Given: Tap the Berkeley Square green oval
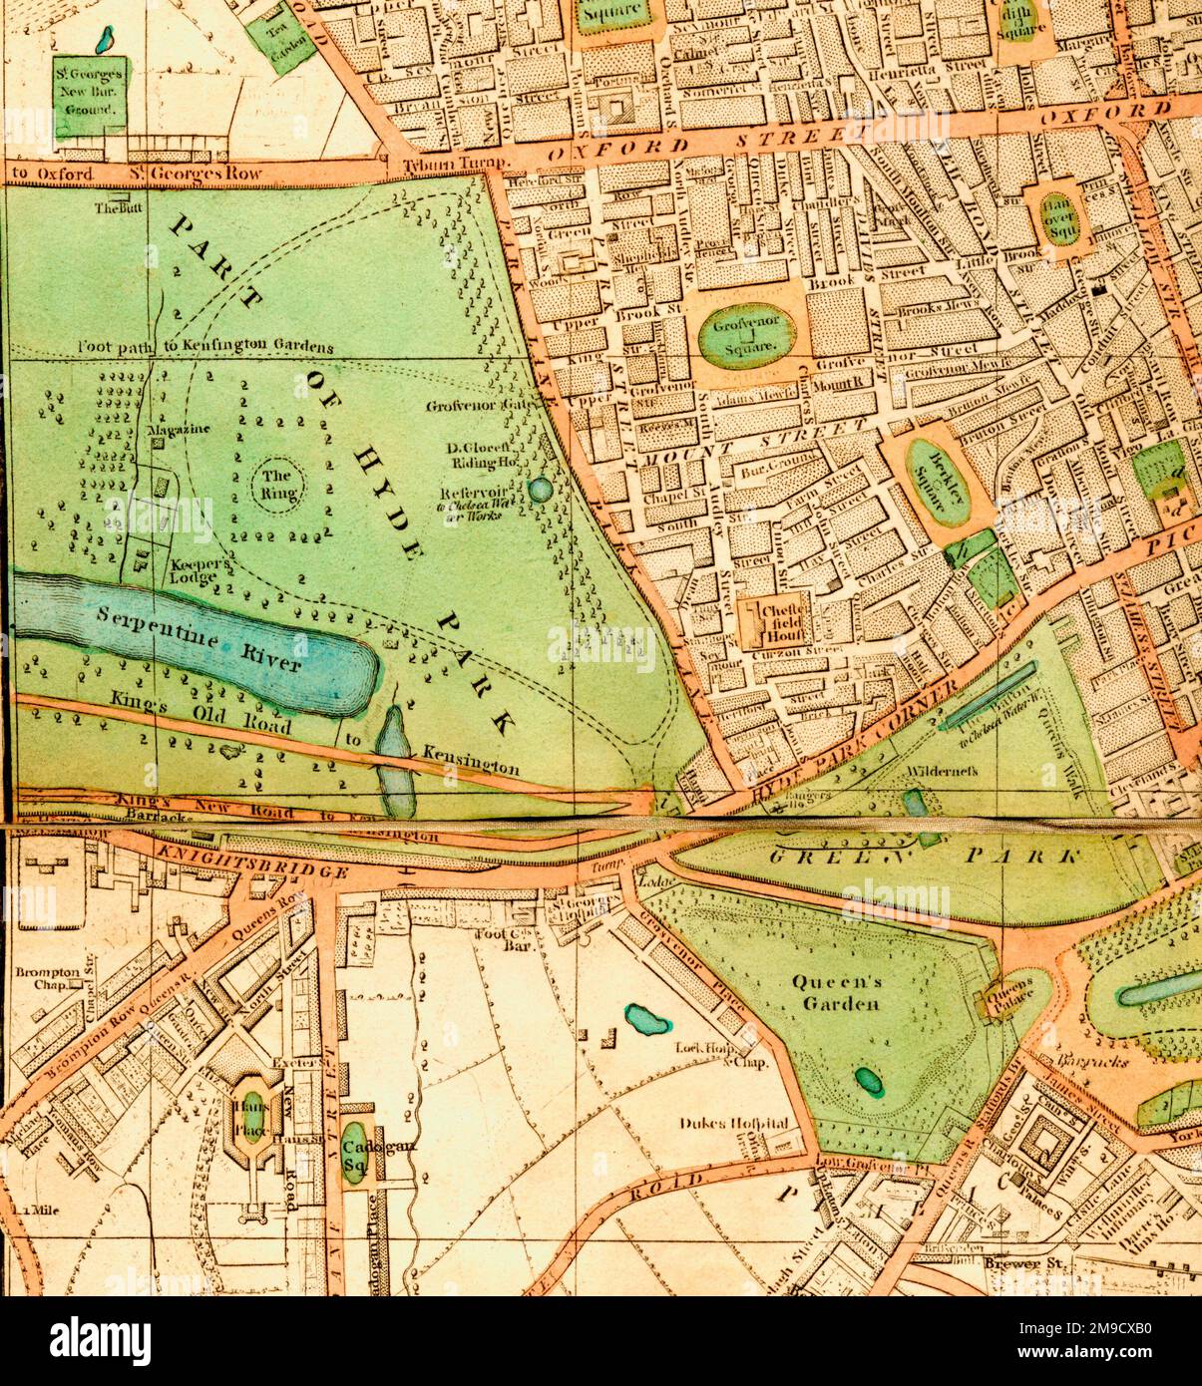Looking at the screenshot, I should (938, 482).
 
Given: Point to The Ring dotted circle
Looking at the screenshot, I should (275, 484).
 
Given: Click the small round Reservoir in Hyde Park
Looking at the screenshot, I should (539, 489).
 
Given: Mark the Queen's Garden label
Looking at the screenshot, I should (838, 992).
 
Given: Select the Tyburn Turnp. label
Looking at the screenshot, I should (456, 165).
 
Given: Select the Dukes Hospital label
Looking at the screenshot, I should (733, 1123).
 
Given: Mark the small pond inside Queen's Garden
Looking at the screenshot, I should (865, 1079).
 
